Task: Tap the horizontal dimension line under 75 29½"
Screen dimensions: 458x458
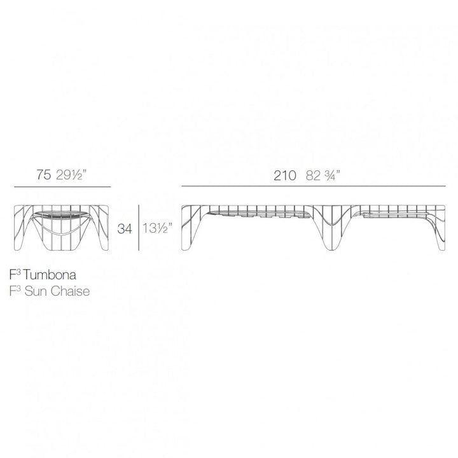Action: coord(62,186)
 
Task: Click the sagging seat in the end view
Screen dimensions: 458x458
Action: coord(62,217)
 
